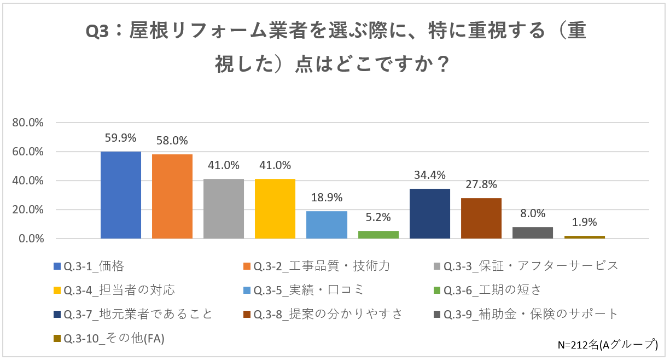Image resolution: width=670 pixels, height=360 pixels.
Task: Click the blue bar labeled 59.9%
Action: pos(121,195)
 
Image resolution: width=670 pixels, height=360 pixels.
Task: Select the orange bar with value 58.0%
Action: pos(172,196)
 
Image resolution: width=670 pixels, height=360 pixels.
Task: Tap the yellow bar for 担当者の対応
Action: pos(275,208)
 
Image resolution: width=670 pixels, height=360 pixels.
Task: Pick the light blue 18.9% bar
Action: pos(327,225)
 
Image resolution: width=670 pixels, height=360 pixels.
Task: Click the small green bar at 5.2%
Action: pos(378,235)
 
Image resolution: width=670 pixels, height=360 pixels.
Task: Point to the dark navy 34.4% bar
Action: pos(430,213)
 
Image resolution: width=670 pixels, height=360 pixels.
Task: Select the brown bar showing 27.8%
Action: pos(481,218)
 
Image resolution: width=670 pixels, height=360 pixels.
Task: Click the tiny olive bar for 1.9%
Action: pos(584,237)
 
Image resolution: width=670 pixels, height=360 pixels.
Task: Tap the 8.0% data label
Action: pos(532,213)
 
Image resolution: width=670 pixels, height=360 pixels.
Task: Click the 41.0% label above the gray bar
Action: pos(224,165)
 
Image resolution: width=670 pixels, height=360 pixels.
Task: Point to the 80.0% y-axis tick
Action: pos(28,123)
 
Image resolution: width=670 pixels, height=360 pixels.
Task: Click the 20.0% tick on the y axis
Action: pos(28,210)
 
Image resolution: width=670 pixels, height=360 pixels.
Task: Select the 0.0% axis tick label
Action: pos(31,239)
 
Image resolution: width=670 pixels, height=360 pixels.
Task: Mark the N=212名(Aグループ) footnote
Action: pos(607,345)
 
